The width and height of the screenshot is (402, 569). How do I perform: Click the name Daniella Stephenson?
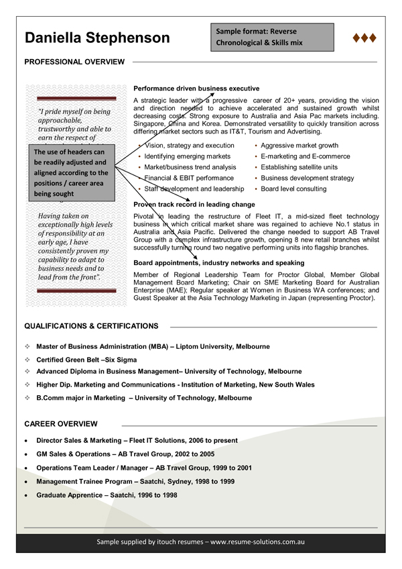point(97,38)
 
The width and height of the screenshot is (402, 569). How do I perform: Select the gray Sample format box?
point(273,38)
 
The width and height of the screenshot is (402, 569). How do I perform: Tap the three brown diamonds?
point(364,38)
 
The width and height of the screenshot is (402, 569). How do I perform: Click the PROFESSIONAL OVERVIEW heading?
point(74,62)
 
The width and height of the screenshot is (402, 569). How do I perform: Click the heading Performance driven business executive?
point(196,89)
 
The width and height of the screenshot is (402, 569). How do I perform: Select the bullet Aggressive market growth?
point(299,146)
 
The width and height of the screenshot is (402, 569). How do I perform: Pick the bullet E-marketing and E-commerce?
point(305,156)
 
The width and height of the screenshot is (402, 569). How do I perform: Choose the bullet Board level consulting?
point(293,189)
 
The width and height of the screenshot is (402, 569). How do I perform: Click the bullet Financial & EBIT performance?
point(189,178)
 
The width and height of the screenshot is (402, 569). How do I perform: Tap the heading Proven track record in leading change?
point(194,204)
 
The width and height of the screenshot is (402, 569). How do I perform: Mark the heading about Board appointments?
point(219,263)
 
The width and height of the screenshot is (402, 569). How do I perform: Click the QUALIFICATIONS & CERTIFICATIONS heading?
point(91,326)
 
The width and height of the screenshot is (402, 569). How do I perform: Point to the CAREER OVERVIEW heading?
point(61,424)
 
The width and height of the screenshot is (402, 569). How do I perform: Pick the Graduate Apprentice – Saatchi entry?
point(107,495)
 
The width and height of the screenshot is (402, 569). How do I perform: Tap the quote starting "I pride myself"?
point(75,123)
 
